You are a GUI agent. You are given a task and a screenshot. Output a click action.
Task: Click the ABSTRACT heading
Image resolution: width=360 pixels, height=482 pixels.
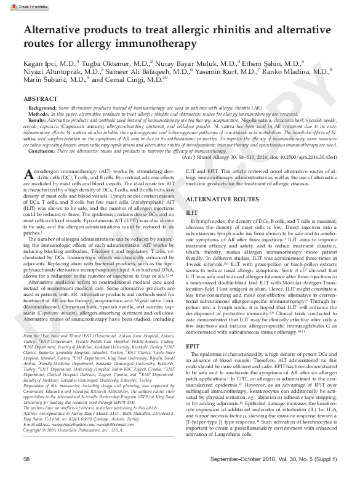click(x=43, y=98)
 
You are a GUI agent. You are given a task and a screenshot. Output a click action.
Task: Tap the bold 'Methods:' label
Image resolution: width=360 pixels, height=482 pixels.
click(x=39, y=114)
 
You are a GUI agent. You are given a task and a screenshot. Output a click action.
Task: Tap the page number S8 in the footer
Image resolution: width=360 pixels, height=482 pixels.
click(x=27, y=476)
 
